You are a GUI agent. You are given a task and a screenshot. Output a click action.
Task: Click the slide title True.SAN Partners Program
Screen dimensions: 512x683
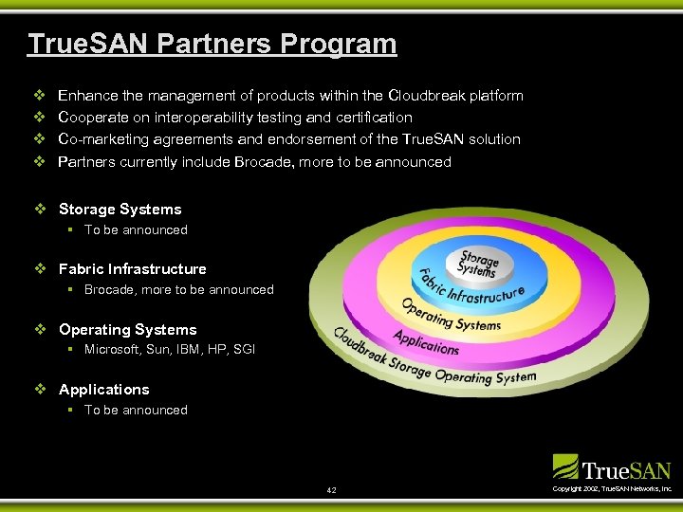(x=212, y=44)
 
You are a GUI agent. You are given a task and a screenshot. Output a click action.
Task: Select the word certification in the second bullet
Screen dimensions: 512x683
(x=368, y=118)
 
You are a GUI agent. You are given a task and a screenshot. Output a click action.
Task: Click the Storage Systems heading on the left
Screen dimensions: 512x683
(x=120, y=210)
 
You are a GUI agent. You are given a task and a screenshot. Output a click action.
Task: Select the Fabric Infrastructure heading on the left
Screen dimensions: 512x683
(x=132, y=269)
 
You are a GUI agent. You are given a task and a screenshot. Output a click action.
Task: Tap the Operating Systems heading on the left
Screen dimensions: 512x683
(x=127, y=330)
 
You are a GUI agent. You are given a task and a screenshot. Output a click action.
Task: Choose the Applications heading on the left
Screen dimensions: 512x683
(x=103, y=390)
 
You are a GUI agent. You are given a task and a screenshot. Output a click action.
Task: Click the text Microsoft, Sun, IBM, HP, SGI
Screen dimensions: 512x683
(x=170, y=350)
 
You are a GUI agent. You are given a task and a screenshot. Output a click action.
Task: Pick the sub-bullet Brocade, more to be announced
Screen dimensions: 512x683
(x=178, y=290)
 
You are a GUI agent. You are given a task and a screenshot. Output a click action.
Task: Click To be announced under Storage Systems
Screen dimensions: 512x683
(x=136, y=230)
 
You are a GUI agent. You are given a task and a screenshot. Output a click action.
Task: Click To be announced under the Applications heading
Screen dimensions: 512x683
(x=136, y=411)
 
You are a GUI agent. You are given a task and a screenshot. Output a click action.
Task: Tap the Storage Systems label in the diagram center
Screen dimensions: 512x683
(x=477, y=263)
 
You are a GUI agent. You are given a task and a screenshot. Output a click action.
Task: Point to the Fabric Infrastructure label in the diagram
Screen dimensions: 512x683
(x=471, y=288)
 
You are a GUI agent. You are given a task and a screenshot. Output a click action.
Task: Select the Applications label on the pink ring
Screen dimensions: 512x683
(x=427, y=342)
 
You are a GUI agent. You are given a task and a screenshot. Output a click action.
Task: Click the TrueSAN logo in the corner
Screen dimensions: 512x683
(x=612, y=467)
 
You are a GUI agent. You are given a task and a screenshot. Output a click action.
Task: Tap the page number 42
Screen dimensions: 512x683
(x=331, y=490)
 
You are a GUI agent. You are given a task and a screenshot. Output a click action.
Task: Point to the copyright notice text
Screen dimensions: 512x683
(x=612, y=488)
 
